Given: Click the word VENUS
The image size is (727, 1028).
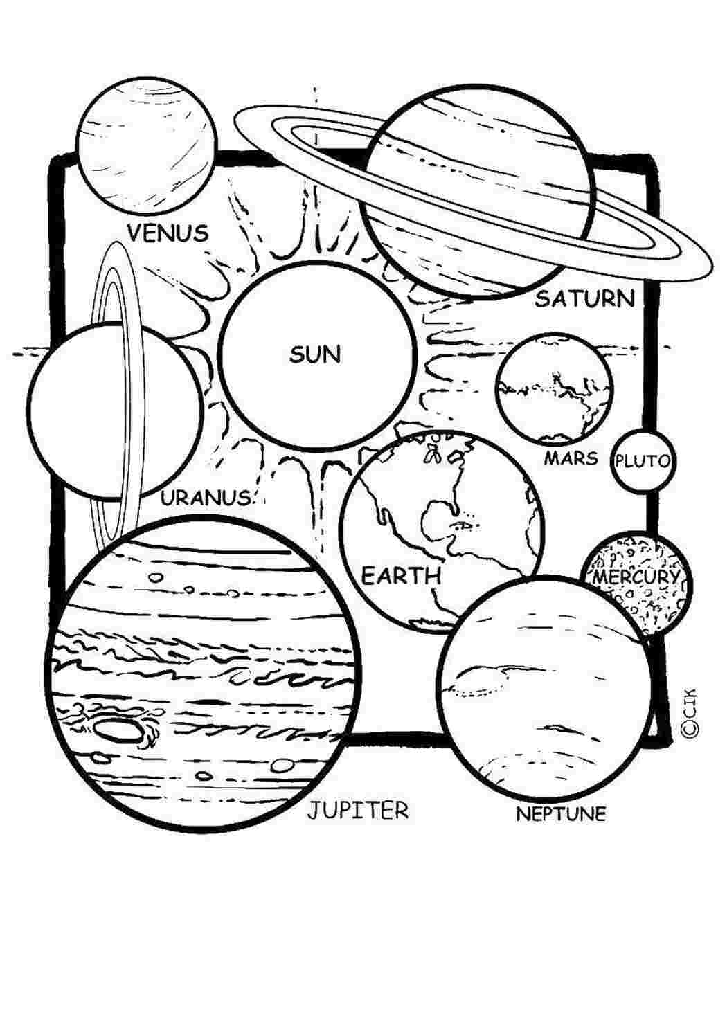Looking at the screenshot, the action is click(168, 233).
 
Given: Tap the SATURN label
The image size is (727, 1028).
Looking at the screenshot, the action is click(585, 299).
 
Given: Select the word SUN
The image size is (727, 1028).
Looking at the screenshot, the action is click(315, 354).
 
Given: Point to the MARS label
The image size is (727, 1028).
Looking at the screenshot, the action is click(571, 458).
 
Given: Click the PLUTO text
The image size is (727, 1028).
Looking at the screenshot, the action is click(643, 461).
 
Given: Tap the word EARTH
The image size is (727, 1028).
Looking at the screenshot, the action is click(401, 575).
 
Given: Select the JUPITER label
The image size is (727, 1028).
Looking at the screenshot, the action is click(357, 810).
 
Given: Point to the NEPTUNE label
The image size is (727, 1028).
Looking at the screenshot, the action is click(561, 815).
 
